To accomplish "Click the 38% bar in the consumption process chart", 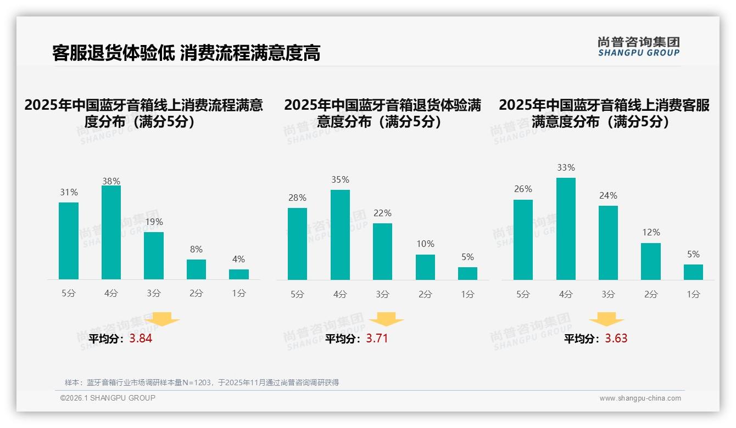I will (x=111, y=233).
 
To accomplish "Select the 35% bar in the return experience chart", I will (x=340, y=235).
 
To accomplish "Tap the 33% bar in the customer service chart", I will (x=566, y=229).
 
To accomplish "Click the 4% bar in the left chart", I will (x=239, y=274).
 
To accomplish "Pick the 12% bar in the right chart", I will (x=651, y=261).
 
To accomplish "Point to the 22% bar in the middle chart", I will (x=382, y=251).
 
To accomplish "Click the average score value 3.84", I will (x=141, y=339).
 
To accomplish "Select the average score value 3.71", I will (x=377, y=339).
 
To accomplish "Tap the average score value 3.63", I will (x=616, y=339).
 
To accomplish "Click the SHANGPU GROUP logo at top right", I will (x=638, y=46).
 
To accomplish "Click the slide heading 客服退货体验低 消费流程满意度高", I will (x=186, y=53).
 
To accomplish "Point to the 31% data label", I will (x=69, y=193).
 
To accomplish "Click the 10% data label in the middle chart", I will (x=425, y=244).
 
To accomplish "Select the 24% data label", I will (x=608, y=196).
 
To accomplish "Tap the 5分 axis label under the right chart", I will (x=523, y=294).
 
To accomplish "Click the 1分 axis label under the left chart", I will (x=239, y=294).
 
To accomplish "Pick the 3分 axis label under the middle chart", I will (x=382, y=294).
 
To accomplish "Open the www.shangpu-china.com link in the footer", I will (x=640, y=398).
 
